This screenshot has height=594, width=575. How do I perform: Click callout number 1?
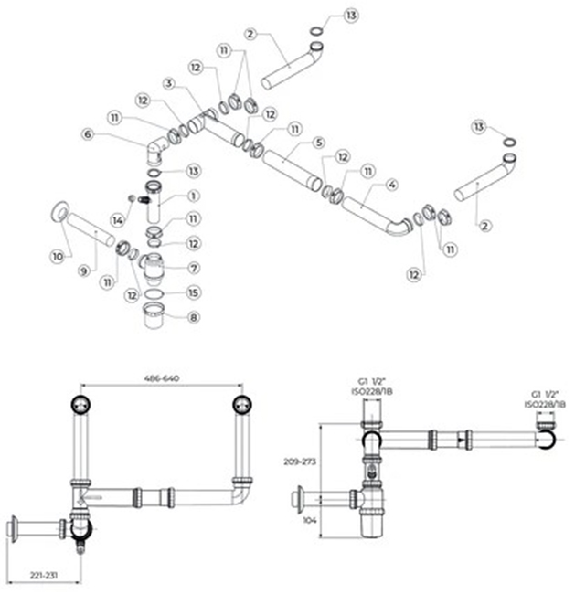point(193,196)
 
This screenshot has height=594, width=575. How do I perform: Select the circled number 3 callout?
point(168,82)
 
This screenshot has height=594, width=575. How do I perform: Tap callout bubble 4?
point(391,185)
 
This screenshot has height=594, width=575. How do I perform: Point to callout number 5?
point(317,143)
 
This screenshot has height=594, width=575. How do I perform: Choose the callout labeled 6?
point(88,134)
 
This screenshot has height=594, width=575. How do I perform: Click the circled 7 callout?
point(193,268)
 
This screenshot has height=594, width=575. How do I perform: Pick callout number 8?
point(193,317)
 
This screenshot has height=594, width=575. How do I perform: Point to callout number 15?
point(193,292)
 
